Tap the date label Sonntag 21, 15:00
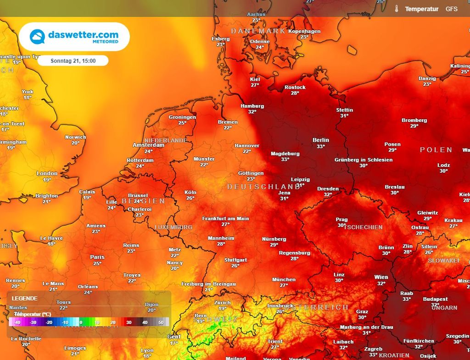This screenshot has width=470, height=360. (73, 61)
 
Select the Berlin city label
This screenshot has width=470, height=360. (321, 140)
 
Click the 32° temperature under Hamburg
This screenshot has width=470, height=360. (252, 112)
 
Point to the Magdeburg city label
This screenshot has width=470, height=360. (285, 154)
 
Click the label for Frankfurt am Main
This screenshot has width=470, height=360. (225, 219)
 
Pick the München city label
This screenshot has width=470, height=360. (284, 279)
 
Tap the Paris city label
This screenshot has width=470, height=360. (97, 257)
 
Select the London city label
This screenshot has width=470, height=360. (47, 173)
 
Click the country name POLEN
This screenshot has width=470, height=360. (436, 150)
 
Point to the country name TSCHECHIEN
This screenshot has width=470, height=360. (363, 227)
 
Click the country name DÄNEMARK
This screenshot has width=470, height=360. (258, 31)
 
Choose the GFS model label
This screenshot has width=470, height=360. (451, 9)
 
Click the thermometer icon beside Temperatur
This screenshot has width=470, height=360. (396, 9)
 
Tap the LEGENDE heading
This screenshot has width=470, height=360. (25, 298)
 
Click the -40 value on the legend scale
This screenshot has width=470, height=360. (18, 322)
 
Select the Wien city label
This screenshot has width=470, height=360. (381, 277)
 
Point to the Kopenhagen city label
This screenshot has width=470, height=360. (304, 31)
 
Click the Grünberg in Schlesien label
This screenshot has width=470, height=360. (363, 160)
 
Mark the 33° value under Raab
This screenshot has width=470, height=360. (406, 299)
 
